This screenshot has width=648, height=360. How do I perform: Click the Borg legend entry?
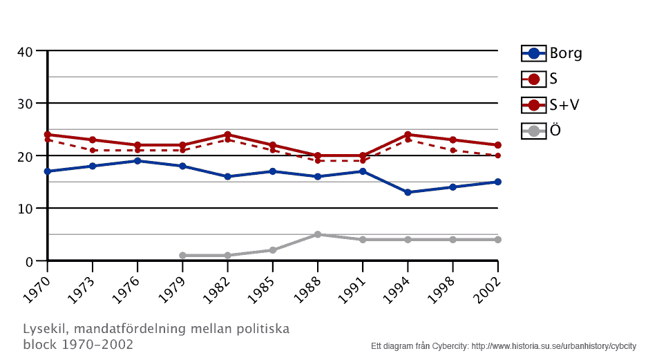click(x=552, y=53)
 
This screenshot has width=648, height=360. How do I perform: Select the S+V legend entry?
click(x=551, y=105)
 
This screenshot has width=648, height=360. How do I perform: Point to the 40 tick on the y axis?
click(x=25, y=51)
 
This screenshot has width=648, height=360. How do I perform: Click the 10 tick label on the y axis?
click(x=25, y=209)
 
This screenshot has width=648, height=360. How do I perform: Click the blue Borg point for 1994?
click(x=408, y=192)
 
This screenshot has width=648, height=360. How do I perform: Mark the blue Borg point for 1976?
click(x=137, y=161)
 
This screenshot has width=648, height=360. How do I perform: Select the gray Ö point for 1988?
click(x=318, y=234)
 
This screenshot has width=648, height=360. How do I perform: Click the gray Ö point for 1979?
click(x=182, y=256)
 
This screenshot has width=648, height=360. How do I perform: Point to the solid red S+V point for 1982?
click(x=227, y=135)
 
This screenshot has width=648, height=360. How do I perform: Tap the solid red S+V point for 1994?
click(x=408, y=135)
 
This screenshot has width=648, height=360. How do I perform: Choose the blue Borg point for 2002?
click(x=497, y=182)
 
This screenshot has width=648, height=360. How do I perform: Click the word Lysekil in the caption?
click(x=45, y=328)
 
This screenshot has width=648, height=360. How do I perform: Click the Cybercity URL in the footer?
click(x=553, y=345)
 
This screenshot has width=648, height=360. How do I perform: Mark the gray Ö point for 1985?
click(x=273, y=250)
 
